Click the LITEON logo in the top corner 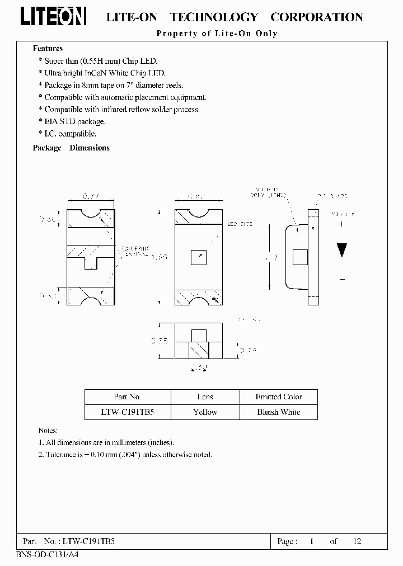(54, 17)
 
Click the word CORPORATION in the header (317, 17)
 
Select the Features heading (48, 49)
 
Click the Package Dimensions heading (71, 148)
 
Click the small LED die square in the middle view (198, 257)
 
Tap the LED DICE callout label (240, 224)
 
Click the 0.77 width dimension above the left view (90, 196)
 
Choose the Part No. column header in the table (128, 397)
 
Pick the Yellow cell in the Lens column (205, 412)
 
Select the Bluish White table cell (278, 412)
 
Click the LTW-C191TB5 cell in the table (128, 412)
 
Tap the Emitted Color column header (278, 397)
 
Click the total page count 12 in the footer (357, 541)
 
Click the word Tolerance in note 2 (61, 455)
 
